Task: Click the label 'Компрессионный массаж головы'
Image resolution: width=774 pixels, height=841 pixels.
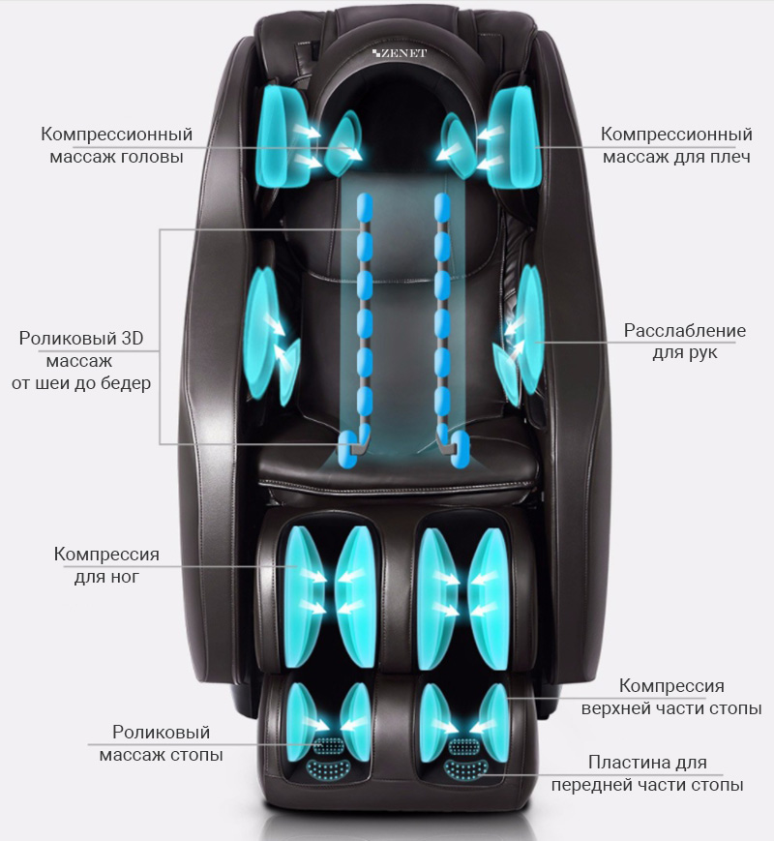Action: tap(117, 144)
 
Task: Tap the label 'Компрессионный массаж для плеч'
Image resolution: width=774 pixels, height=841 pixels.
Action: tap(676, 144)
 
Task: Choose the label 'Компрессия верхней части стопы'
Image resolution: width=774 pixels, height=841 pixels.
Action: tap(671, 697)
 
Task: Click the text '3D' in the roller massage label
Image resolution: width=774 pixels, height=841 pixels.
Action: tap(127, 340)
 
